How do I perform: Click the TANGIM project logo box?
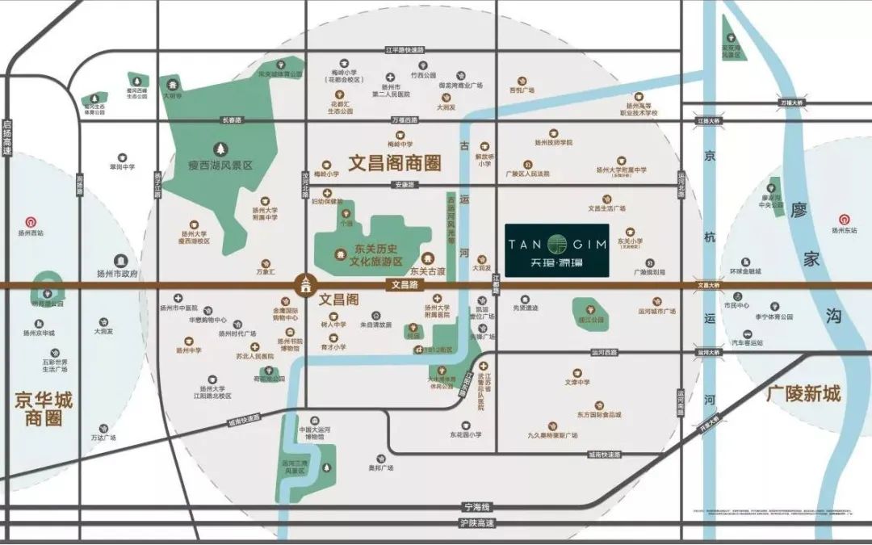point(556,251)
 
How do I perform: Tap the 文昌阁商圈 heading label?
point(396,163)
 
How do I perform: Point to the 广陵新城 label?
point(803,394)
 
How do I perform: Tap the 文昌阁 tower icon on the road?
point(305,284)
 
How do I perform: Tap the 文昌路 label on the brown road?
point(407,284)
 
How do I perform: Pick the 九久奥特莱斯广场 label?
point(553,436)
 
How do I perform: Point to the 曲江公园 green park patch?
point(589,309)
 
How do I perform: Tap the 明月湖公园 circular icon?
point(47,288)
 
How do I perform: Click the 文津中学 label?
point(577,382)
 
